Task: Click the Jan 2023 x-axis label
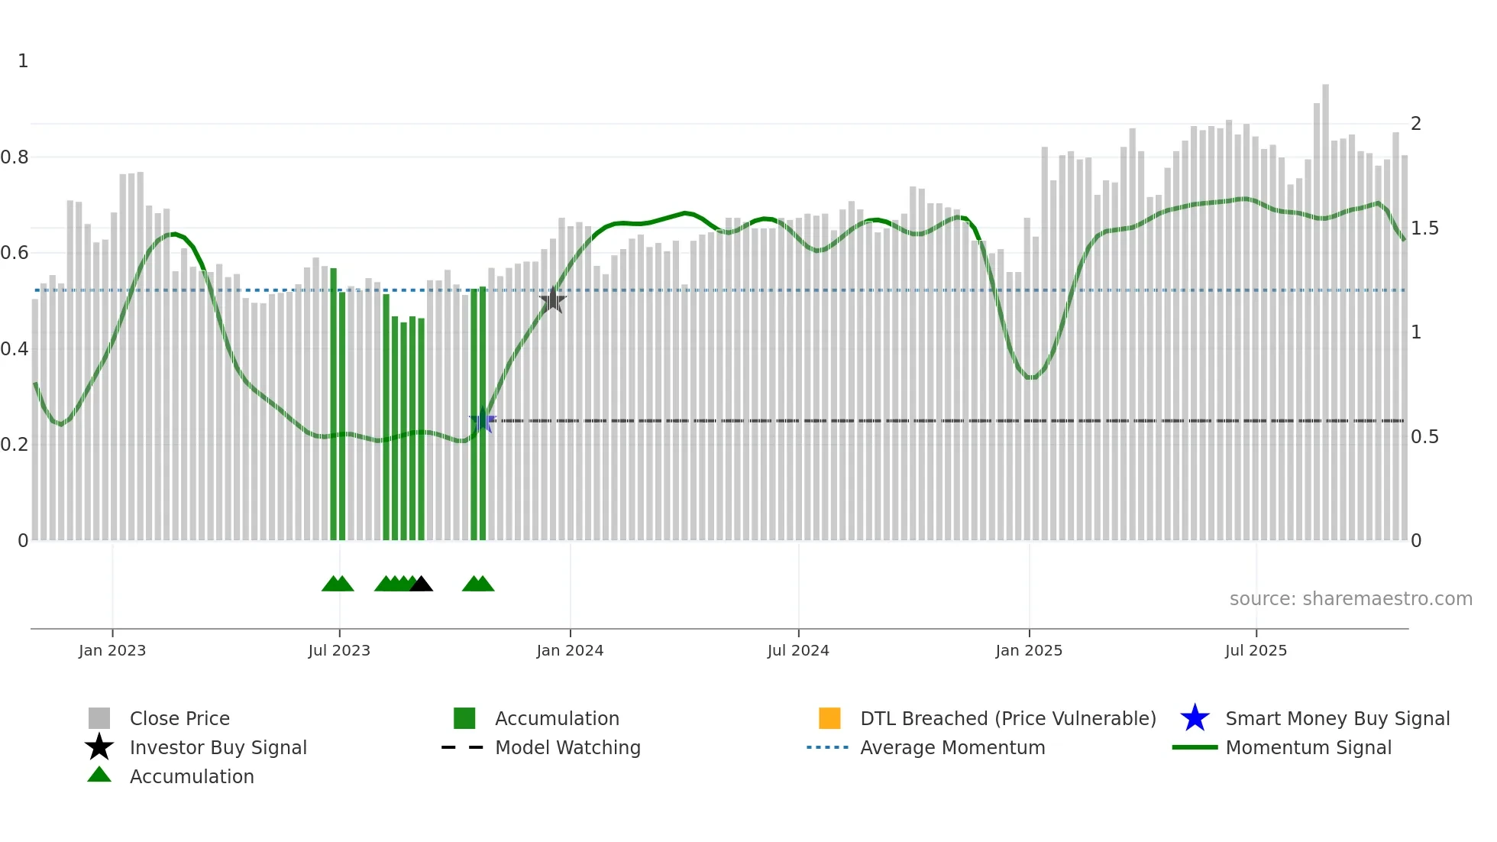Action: click(112, 650)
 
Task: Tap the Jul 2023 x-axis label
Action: click(339, 650)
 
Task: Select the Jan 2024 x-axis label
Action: click(570, 650)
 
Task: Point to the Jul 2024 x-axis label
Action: click(798, 650)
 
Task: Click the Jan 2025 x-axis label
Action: click(1029, 650)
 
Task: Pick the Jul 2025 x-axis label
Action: click(1256, 650)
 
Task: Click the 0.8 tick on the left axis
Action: click(15, 157)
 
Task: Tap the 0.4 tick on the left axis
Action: click(15, 349)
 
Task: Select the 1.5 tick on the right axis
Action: click(1424, 228)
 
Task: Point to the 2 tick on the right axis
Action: click(1416, 124)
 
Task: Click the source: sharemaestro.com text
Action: click(1350, 599)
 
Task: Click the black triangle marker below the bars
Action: click(421, 585)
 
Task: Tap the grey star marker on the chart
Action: click(553, 300)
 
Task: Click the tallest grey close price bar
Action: click(1326, 306)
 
